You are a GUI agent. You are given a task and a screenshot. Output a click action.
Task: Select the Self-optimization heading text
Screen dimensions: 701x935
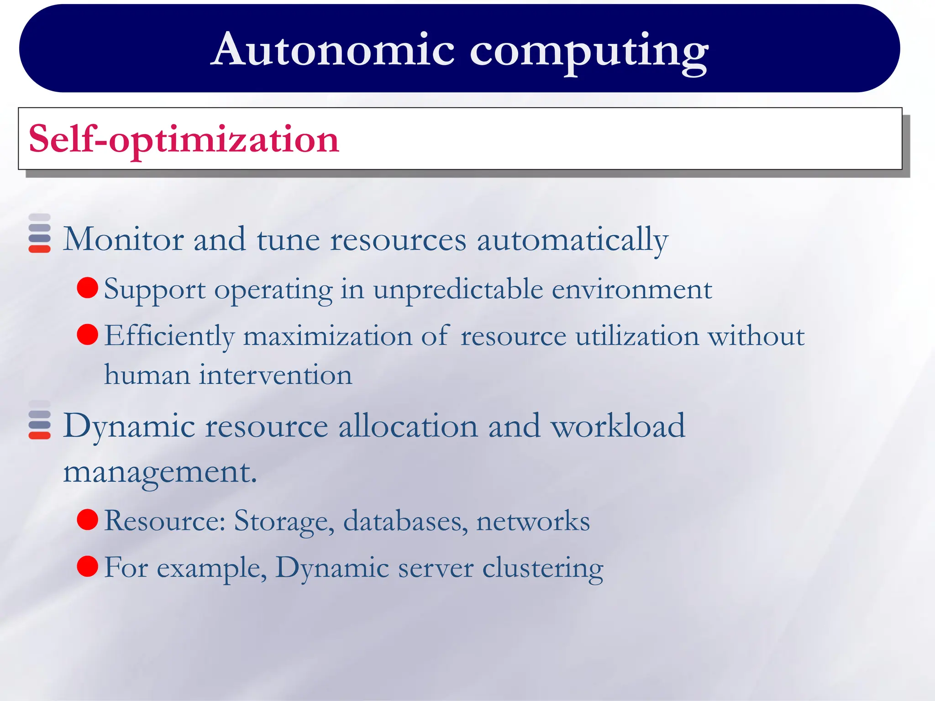(184, 139)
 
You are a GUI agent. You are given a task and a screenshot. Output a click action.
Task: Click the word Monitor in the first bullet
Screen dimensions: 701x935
(123, 239)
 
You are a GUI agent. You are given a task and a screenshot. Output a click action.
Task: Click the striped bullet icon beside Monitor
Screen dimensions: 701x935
(40, 233)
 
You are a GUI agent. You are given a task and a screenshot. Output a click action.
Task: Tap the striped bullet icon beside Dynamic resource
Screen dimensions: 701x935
(40, 420)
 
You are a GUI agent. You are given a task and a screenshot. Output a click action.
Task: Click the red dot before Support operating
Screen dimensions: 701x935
(88, 288)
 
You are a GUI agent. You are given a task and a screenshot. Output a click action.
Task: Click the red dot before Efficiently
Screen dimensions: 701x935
(88, 335)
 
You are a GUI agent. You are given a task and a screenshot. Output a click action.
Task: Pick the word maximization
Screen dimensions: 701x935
(327, 336)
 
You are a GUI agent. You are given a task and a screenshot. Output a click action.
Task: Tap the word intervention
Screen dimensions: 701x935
(275, 375)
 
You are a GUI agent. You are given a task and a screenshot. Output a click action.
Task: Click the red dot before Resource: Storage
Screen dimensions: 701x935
(88, 519)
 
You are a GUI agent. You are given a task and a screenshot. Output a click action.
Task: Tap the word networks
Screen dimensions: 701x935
(533, 521)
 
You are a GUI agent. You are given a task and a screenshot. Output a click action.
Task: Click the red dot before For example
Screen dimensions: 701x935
(88, 566)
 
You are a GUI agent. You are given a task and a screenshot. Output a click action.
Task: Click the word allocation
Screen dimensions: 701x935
(408, 425)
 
